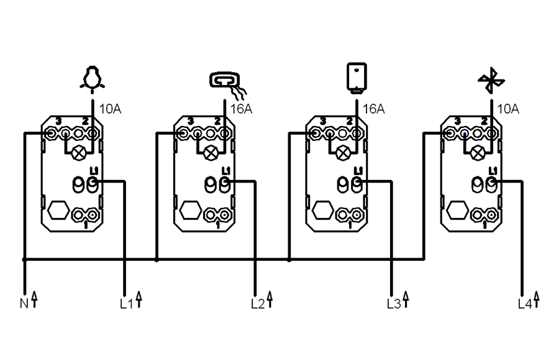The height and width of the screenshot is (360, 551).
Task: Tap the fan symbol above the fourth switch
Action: [x=491, y=81]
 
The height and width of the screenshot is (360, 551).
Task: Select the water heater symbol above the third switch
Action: [x=355, y=78]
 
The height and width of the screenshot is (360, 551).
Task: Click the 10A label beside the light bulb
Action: [x=109, y=109]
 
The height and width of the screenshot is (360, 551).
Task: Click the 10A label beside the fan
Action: [x=508, y=109]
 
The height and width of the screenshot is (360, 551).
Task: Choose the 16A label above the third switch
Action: [x=373, y=109]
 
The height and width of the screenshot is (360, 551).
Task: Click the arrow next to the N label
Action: [x=34, y=300]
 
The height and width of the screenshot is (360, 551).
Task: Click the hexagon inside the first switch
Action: [x=57, y=210]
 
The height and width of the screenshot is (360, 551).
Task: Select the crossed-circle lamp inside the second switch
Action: [x=211, y=153]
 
